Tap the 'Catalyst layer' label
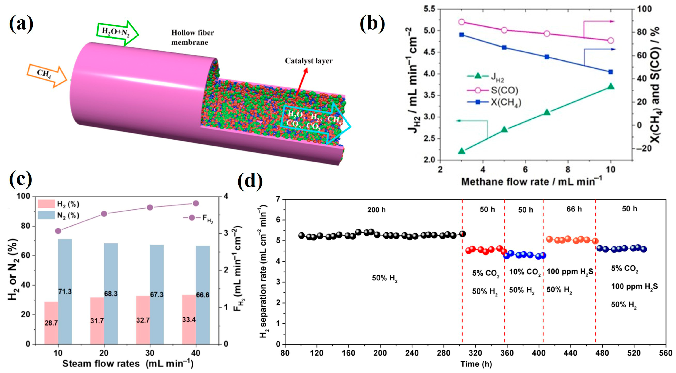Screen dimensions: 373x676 pos(309,61)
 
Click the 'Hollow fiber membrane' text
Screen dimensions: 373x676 pos(192,37)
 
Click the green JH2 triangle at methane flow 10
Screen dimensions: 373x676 pos(611,86)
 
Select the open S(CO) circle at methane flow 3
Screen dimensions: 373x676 pos(462,22)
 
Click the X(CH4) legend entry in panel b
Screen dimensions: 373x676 pos(495,102)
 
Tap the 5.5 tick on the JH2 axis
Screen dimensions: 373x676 pos(429,9)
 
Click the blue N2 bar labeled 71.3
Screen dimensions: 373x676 pos(65,291)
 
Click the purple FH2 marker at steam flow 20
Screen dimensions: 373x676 pos(104,214)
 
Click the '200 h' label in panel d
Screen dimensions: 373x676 pos(376,210)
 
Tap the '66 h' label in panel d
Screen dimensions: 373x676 pos(574,209)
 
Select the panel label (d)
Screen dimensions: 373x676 pos(250,181)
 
